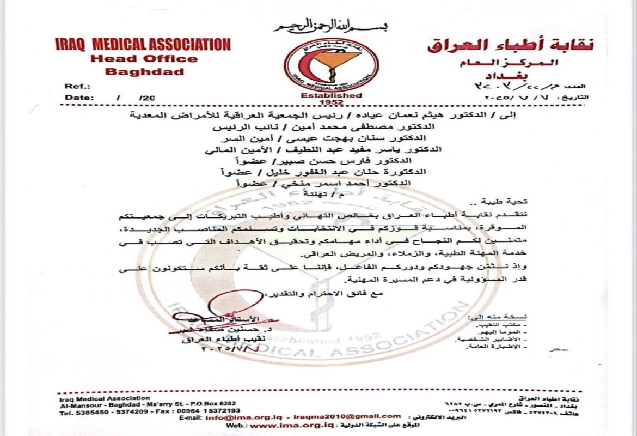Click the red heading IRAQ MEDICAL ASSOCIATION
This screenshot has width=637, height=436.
143,45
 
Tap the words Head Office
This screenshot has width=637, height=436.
144,59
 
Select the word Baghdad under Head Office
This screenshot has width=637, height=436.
144,71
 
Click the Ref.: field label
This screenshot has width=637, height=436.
77,86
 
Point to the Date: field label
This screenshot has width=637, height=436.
78,97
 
